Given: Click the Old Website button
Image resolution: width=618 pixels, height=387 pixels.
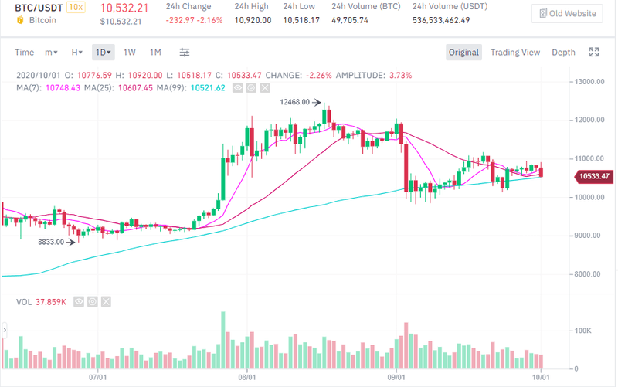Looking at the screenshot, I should click(x=567, y=13).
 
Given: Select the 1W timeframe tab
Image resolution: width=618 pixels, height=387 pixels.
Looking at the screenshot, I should click(x=130, y=53).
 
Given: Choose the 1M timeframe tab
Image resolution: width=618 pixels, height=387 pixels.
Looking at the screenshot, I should click(x=155, y=53).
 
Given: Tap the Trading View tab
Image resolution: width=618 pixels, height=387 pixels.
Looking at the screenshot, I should click(x=515, y=53).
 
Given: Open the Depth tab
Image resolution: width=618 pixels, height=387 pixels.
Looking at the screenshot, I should click(x=563, y=53).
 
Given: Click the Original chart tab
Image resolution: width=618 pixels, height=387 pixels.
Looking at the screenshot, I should click(x=463, y=53).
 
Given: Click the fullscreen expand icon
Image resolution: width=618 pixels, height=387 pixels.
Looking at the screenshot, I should click(x=594, y=53).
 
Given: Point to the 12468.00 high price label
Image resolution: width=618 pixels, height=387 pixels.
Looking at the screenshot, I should click(x=294, y=101).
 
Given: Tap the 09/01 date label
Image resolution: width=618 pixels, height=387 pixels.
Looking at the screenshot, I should click(x=396, y=377).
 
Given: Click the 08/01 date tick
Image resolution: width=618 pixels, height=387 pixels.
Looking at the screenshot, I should click(x=247, y=377).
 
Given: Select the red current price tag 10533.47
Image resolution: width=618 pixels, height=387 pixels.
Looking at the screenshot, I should click(x=593, y=177).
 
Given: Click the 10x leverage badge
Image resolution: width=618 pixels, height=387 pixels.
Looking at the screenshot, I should click(x=76, y=7).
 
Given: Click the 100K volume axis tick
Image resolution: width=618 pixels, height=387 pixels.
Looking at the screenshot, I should click(x=583, y=330).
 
